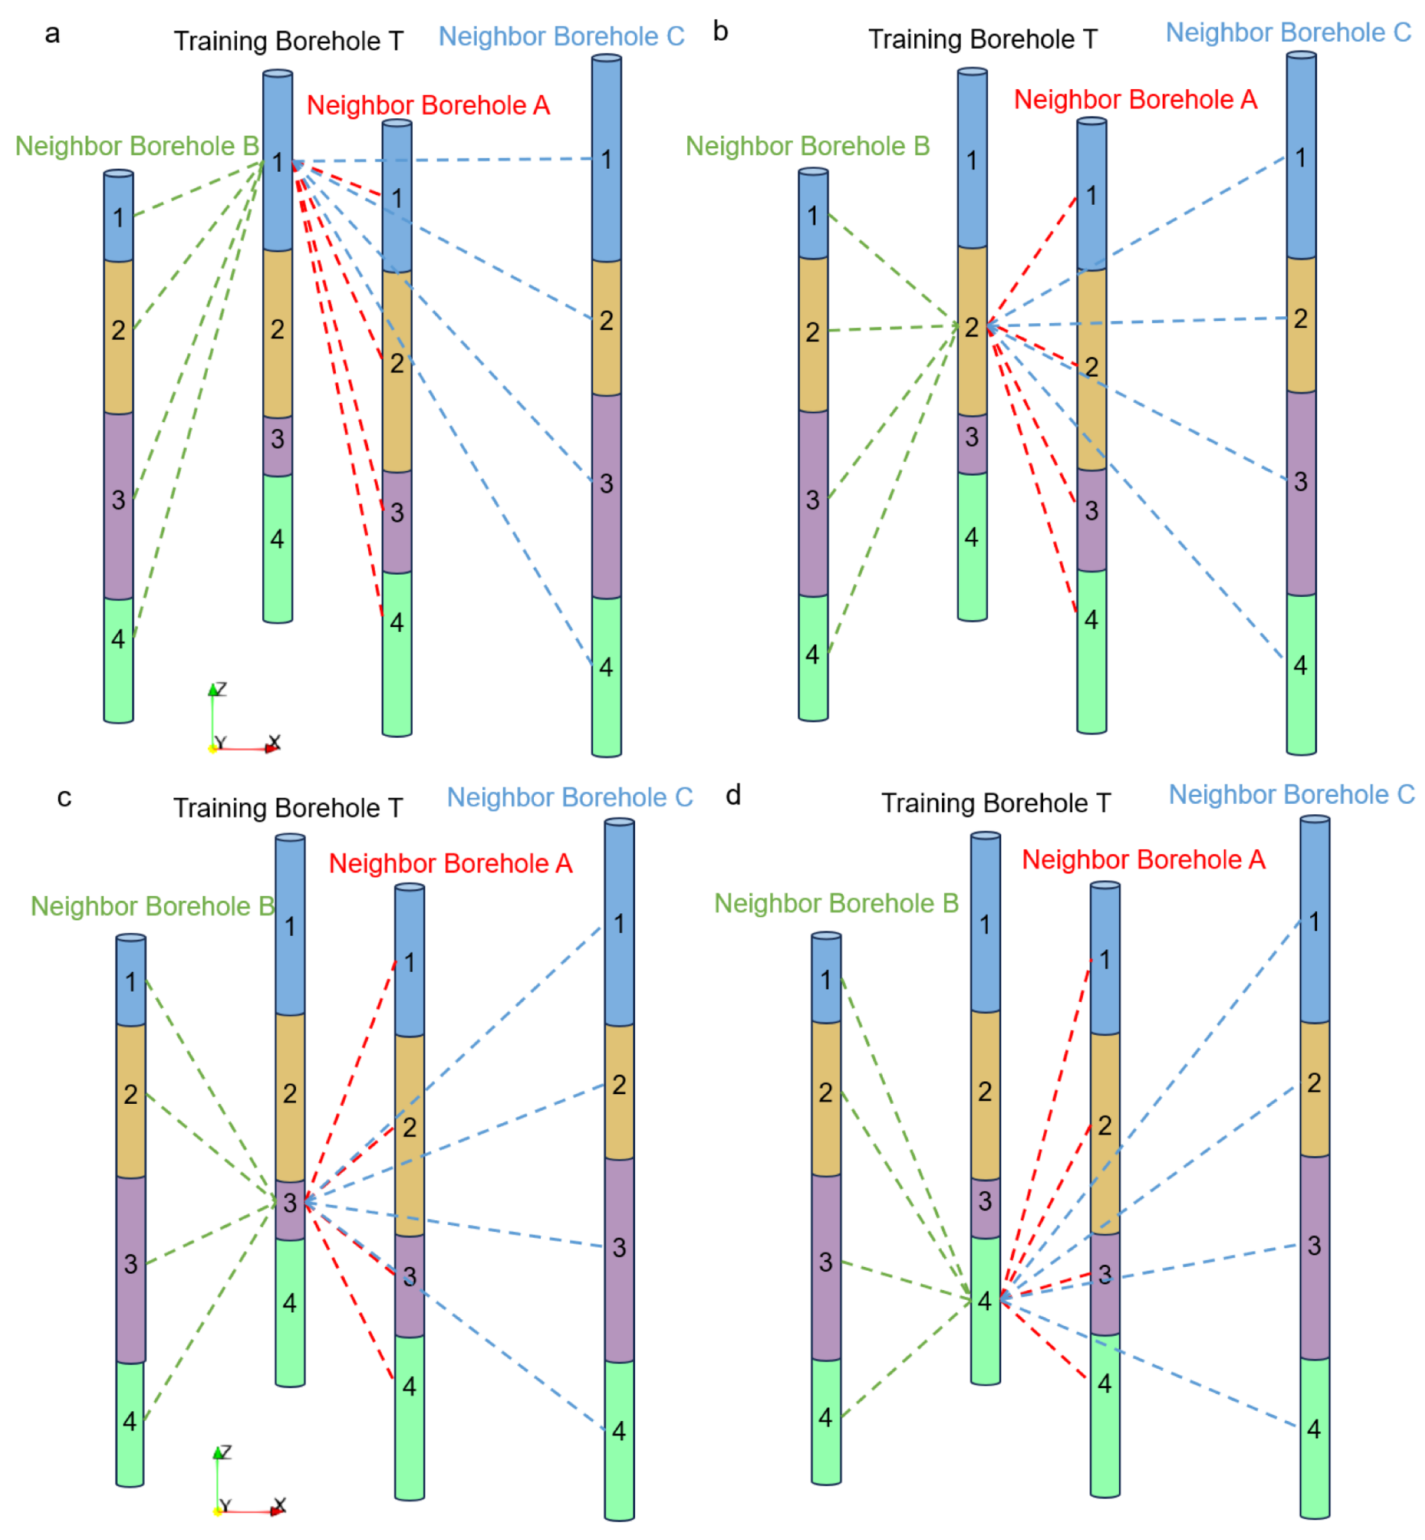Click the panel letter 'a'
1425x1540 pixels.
52,34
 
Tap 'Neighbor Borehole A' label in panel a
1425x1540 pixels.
428,105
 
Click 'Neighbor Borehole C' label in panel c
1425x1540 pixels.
570,797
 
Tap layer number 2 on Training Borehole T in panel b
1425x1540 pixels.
972,328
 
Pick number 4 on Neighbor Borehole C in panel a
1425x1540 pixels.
606,668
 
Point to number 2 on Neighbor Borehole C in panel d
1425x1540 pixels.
1314,1083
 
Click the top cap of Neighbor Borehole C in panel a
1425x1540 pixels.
607,58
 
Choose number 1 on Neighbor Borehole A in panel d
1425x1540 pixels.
1104,960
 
